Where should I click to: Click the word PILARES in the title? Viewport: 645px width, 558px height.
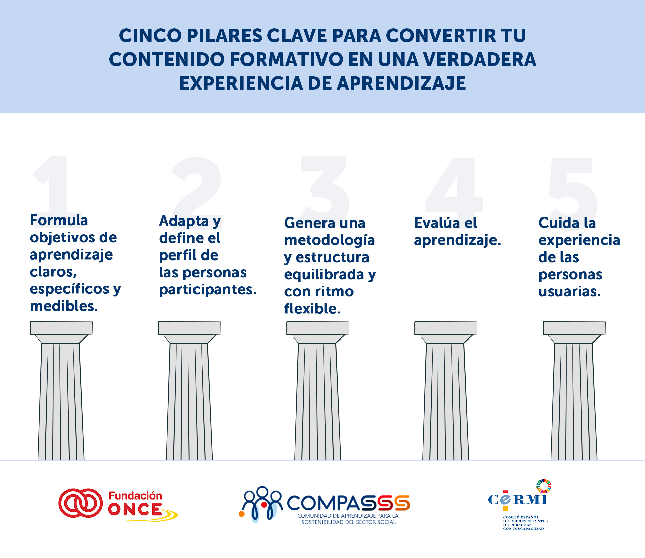click(x=224, y=36)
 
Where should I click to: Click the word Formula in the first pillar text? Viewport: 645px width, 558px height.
click(x=59, y=220)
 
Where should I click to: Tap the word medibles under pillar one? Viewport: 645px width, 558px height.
click(x=63, y=306)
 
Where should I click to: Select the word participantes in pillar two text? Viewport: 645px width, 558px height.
click(x=208, y=290)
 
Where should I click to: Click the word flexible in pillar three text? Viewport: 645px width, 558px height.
click(x=312, y=308)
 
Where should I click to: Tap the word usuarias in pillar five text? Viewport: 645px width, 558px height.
click(x=569, y=291)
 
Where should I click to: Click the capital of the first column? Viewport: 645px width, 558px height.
click(x=61, y=332)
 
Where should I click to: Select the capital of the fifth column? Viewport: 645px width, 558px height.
click(x=574, y=332)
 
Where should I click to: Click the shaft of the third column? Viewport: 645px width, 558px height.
click(x=317, y=401)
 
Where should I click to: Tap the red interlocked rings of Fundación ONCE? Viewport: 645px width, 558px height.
click(x=81, y=503)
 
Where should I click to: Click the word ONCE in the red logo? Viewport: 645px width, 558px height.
click(x=135, y=509)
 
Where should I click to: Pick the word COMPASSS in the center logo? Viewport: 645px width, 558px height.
click(x=348, y=503)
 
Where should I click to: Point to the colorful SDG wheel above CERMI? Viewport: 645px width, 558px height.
click(x=544, y=486)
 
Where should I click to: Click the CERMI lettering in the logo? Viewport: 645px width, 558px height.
click(x=517, y=500)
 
